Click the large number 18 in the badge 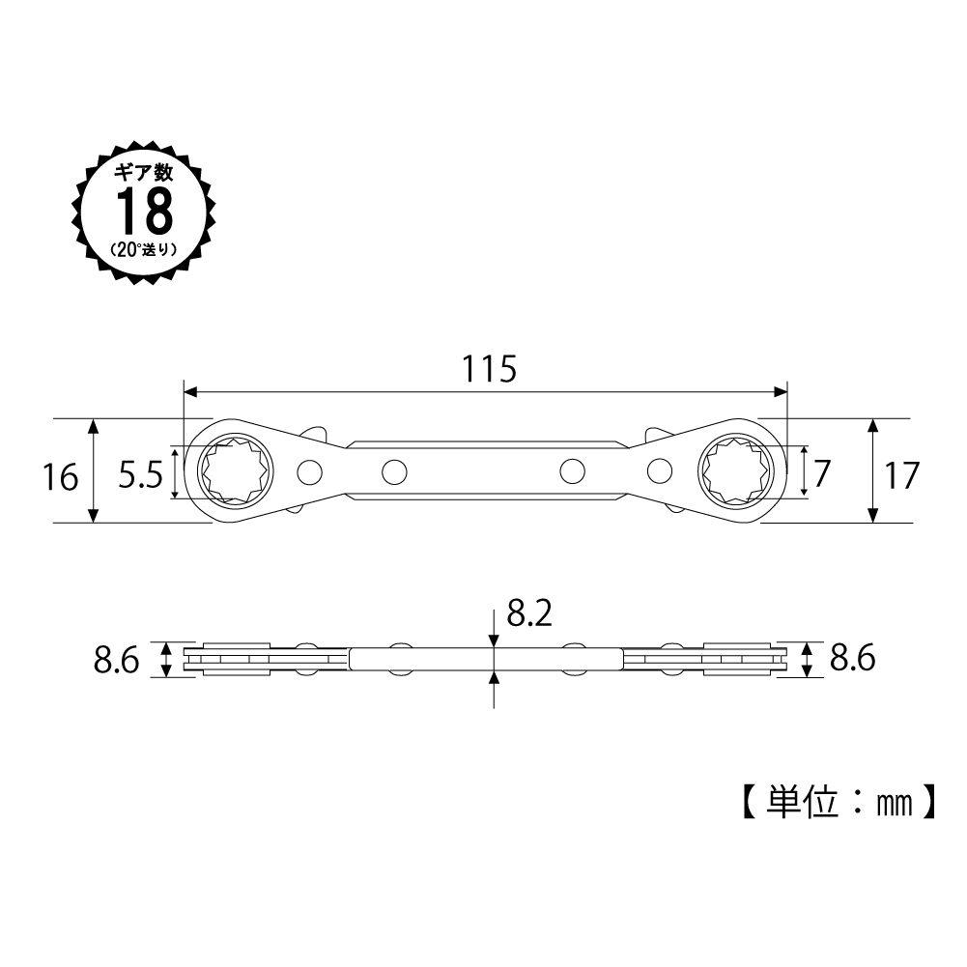coord(144,211)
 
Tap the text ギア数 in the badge coord(144,173)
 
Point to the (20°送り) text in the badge coord(144,250)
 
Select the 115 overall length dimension coord(489,369)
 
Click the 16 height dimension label coord(61,477)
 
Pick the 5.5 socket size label coord(141,475)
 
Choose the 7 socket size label coord(822,473)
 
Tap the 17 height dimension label coord(902,475)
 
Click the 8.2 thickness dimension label coord(529,613)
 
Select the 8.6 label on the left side coord(117,661)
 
